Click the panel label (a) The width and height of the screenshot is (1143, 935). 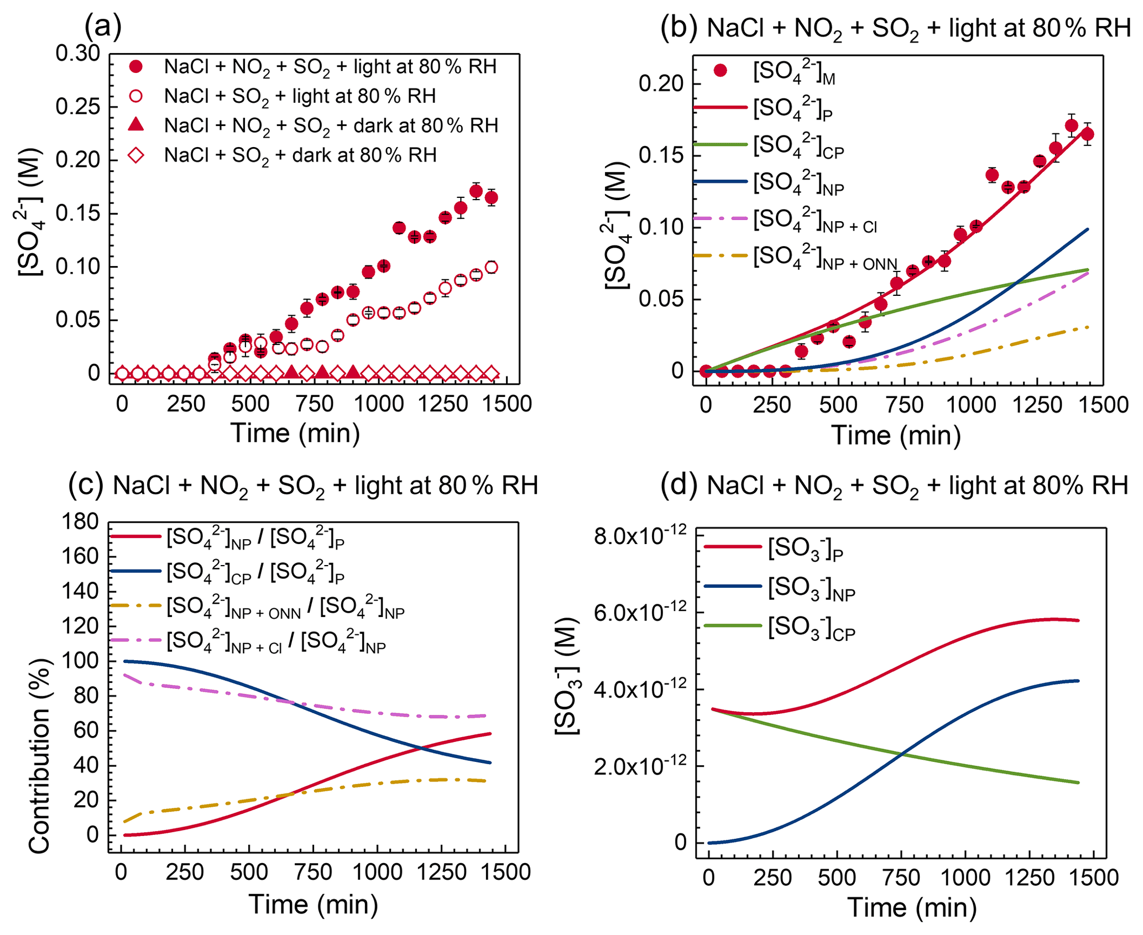tap(103, 26)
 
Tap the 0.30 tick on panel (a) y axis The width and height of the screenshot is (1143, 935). tap(77, 54)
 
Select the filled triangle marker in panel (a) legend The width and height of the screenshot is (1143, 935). tap(136, 125)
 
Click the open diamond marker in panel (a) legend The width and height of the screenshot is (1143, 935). tap(136, 155)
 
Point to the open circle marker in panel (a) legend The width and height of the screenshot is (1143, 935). tap(136, 96)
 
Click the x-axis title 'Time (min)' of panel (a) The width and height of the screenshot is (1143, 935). tap(295, 432)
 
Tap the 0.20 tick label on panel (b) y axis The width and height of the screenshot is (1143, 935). tap(661, 83)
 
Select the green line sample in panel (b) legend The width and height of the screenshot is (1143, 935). tap(719, 145)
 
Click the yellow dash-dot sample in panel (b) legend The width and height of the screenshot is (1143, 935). tap(719, 255)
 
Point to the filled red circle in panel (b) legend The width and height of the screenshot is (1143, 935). tap(720, 71)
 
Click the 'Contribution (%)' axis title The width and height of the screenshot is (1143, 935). tap(39, 756)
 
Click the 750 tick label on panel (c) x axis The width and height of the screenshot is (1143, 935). tap(313, 872)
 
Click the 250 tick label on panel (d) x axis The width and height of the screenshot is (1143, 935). tap(773, 877)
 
